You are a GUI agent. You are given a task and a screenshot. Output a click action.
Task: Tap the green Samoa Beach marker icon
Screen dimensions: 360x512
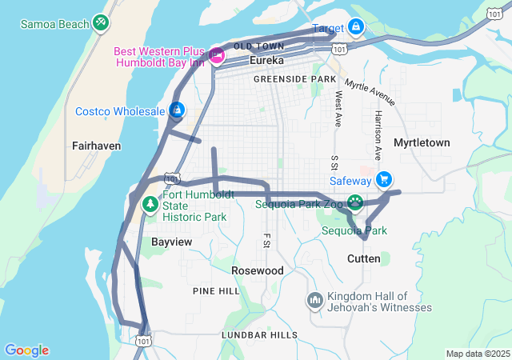click(x=101, y=22)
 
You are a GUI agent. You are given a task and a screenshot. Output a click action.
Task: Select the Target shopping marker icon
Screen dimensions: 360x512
click(x=356, y=28)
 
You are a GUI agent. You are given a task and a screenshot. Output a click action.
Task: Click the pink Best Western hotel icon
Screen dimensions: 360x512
click(x=217, y=55)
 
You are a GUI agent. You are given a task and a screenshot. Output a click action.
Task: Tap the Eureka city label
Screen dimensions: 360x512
click(x=267, y=61)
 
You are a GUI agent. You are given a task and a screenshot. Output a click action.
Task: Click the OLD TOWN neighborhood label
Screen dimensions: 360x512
click(x=260, y=46)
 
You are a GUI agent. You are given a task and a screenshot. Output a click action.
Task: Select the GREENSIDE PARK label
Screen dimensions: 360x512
click(x=294, y=80)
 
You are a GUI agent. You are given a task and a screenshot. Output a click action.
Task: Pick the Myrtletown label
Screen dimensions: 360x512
click(x=422, y=142)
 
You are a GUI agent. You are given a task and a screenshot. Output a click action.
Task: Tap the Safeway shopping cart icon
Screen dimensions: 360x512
click(x=385, y=179)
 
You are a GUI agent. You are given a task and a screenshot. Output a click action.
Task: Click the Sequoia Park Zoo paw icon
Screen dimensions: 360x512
click(x=354, y=202)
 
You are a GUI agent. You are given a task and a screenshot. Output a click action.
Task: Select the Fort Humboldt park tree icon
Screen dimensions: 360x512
click(x=150, y=205)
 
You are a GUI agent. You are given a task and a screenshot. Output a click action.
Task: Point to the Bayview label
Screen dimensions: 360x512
click(x=171, y=240)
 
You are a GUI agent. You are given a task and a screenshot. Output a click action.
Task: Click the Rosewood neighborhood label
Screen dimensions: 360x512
click(x=257, y=270)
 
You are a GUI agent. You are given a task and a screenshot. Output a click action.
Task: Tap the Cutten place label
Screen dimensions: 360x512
click(x=364, y=258)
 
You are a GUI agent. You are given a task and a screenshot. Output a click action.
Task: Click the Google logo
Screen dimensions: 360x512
click(x=26, y=350)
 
